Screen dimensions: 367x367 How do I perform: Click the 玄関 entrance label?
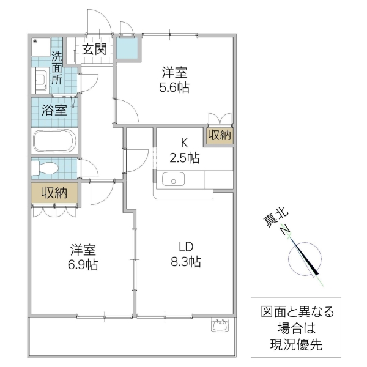coord(95,50)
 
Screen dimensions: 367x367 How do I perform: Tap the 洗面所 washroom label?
coord(57,68)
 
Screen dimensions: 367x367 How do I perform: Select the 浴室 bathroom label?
coord(54,111)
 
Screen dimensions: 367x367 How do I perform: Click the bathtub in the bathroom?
coord(54,142)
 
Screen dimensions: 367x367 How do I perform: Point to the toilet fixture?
coord(46,168)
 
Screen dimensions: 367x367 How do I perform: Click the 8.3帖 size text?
coord(186,262)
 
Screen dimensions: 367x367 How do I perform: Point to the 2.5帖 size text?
coord(184,158)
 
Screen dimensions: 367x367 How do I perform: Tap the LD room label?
coord(185,247)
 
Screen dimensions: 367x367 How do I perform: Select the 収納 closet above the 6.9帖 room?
coord(54,193)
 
